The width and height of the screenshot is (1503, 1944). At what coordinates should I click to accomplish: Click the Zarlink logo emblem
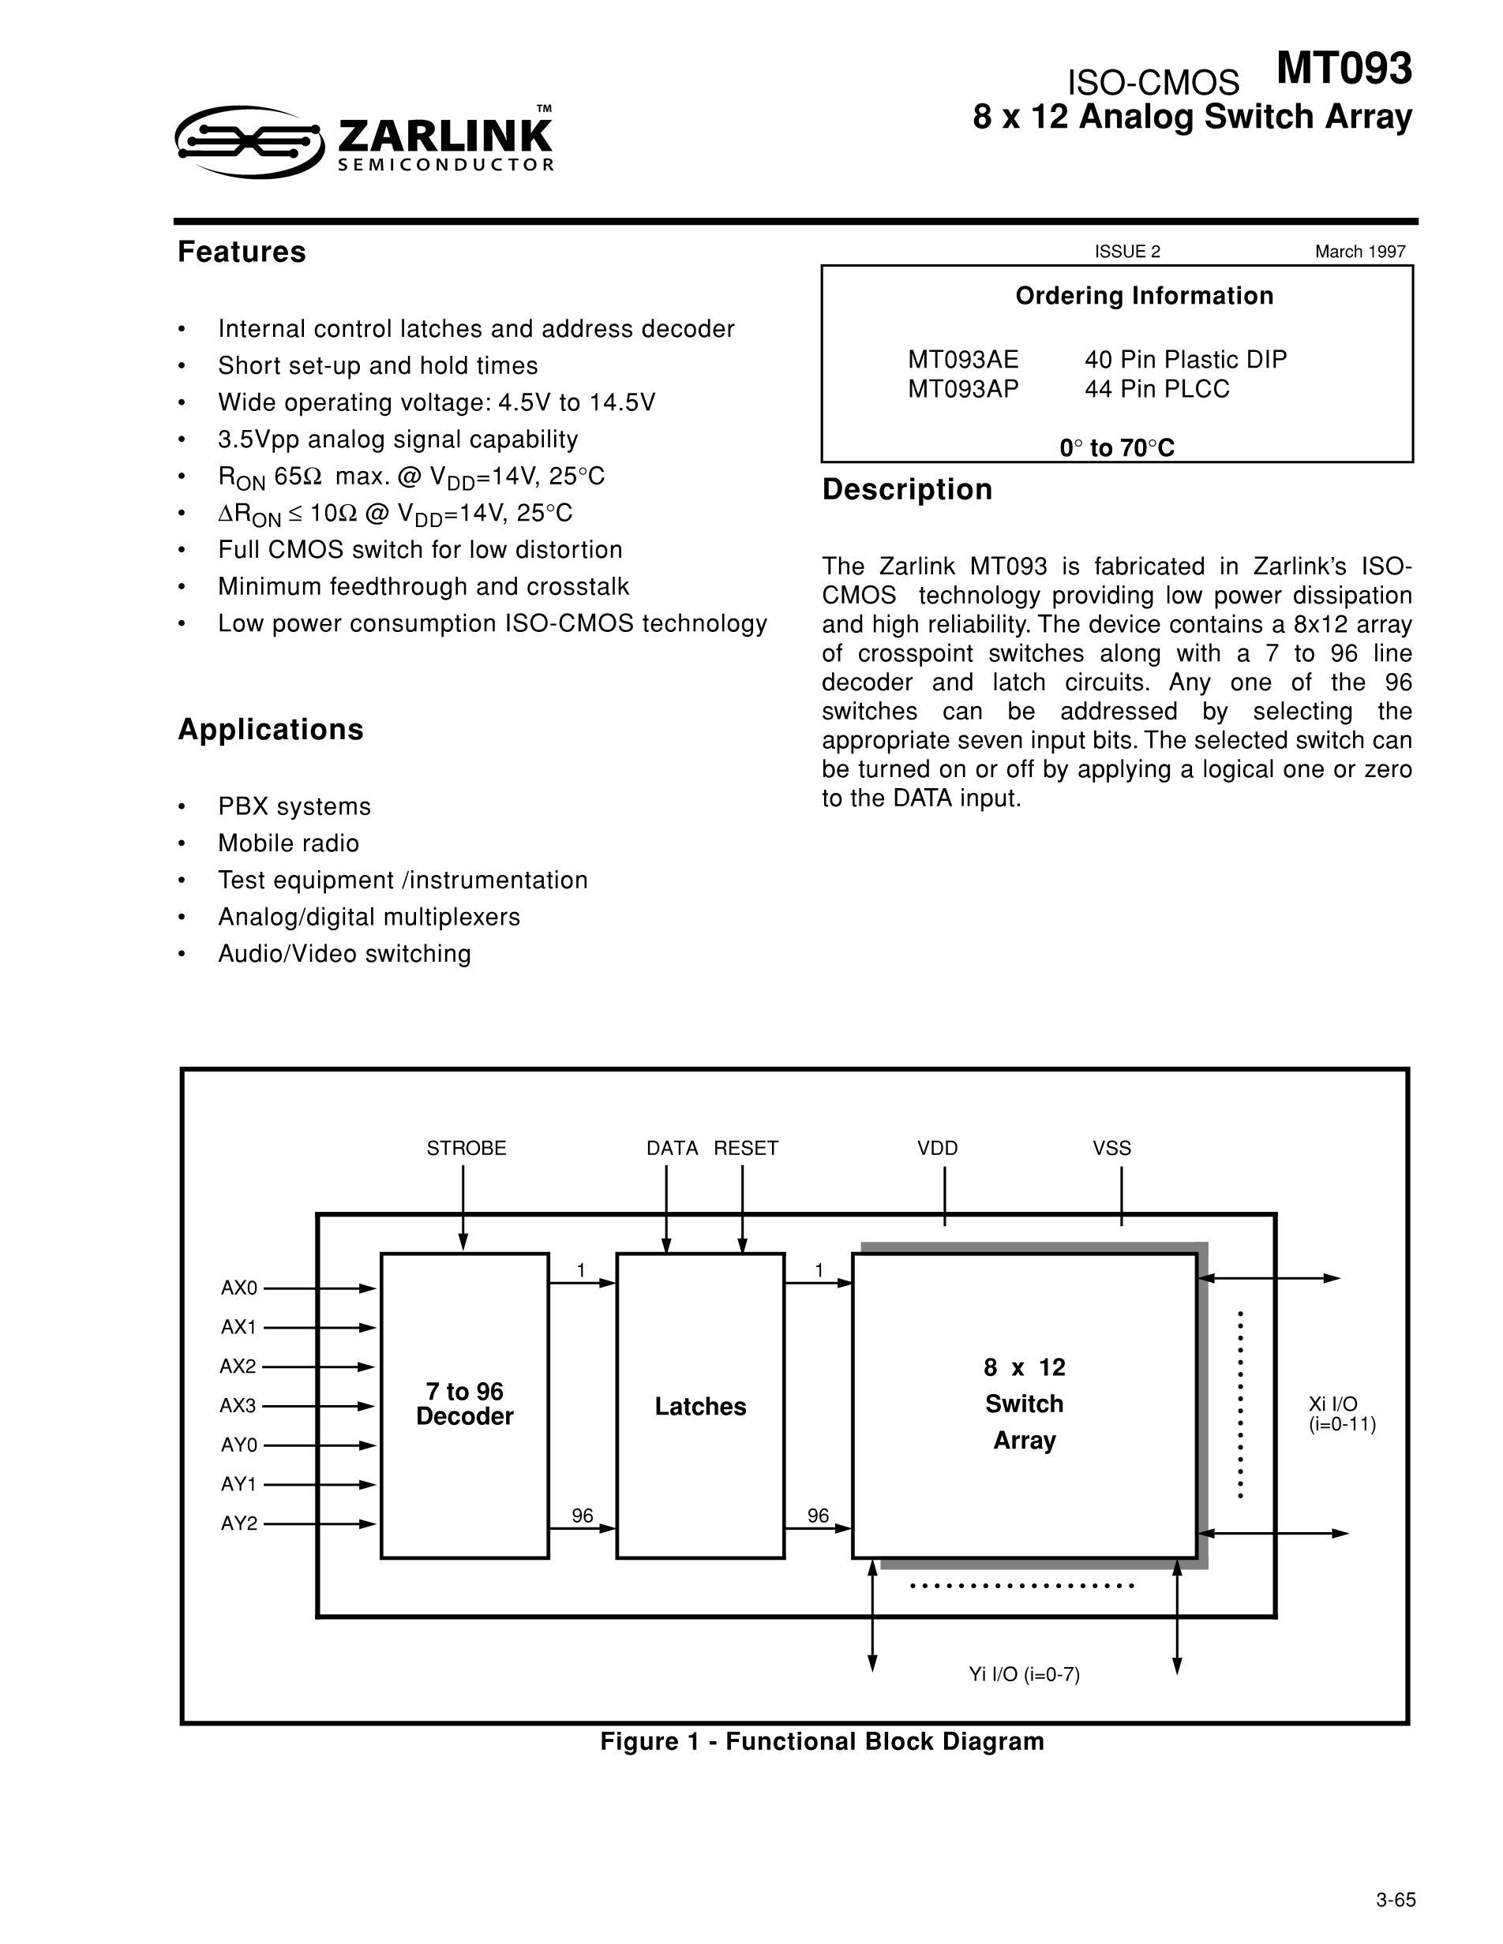(x=249, y=140)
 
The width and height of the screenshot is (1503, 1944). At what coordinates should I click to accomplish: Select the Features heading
(x=242, y=252)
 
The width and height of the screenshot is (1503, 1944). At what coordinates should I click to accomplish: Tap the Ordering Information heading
(x=1143, y=296)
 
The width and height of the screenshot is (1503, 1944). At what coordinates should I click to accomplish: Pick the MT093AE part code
(x=962, y=360)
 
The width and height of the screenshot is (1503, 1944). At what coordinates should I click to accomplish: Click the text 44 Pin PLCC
(x=1156, y=389)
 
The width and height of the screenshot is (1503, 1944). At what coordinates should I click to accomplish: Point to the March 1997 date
(x=1359, y=252)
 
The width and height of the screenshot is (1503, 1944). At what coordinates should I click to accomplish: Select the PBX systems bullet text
(x=294, y=806)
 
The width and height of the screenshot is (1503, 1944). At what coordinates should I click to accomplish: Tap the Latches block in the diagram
(x=700, y=1407)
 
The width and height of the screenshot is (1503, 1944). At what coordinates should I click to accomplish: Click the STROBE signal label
(x=466, y=1148)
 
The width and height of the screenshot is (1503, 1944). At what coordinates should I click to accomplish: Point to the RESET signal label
(x=745, y=1148)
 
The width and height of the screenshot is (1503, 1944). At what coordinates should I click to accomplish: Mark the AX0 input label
(x=238, y=1288)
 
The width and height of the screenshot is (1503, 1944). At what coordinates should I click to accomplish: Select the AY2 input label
(x=238, y=1523)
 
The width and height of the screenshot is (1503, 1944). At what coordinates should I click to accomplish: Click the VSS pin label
(x=1111, y=1148)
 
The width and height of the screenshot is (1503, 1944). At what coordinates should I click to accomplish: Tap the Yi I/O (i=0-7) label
(x=1024, y=1674)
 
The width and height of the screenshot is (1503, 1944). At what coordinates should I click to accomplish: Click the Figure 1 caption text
(x=821, y=1742)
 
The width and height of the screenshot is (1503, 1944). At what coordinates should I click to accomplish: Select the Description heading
(x=906, y=490)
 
